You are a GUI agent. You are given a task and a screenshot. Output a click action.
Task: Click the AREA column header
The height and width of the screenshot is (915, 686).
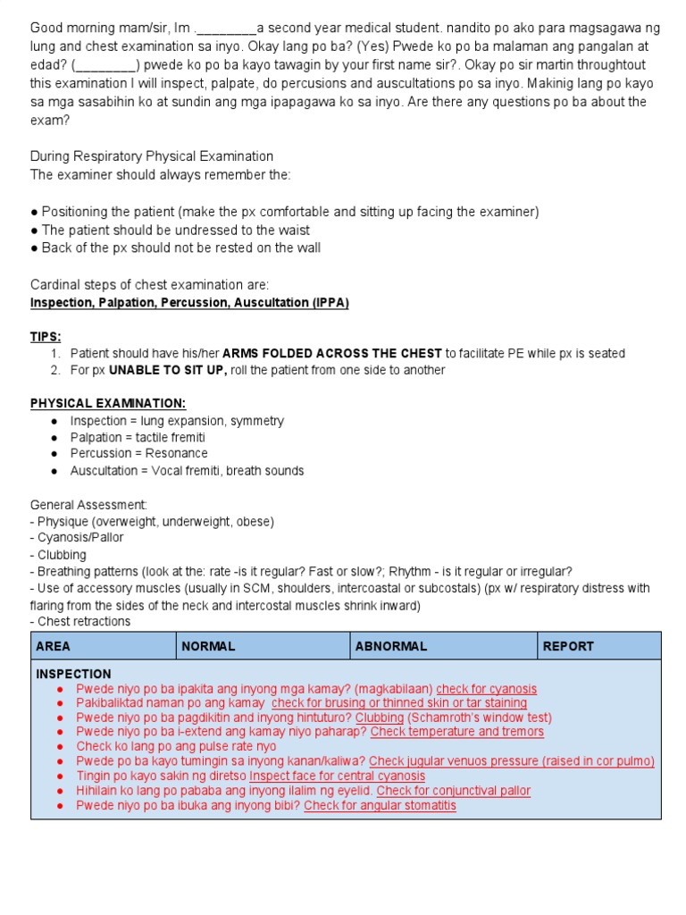(53, 646)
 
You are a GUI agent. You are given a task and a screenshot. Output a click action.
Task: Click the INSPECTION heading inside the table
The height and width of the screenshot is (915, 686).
(73, 675)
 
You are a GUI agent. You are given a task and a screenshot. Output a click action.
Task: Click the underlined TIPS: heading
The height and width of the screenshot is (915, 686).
(46, 337)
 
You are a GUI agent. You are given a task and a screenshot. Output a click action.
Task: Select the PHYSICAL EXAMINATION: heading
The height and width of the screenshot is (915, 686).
(108, 404)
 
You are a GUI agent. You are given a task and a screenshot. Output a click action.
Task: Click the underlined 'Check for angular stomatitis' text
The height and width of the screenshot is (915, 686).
(380, 805)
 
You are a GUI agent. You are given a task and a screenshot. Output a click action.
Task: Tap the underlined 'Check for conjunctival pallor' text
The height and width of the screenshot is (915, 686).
(453, 791)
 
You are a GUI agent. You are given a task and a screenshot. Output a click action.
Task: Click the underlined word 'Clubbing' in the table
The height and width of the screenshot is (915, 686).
(380, 718)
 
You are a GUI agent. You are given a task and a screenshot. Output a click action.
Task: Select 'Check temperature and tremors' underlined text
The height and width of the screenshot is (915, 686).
(456, 732)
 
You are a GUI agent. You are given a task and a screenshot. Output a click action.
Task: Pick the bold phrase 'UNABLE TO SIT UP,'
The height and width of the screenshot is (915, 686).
(168, 370)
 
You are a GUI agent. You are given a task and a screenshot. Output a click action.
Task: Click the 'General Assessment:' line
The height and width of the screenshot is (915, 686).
(88, 505)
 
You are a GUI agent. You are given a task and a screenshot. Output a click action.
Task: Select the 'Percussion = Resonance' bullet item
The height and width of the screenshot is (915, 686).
(138, 454)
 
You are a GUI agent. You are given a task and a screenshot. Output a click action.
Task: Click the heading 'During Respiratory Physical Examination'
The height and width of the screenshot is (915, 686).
(152, 157)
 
